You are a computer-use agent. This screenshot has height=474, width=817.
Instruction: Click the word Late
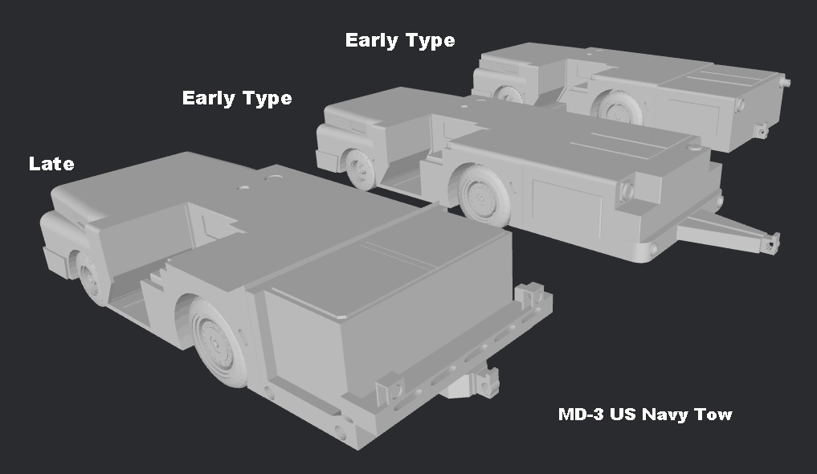tap(51, 164)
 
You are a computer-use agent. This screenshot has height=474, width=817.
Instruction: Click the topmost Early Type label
tap(400, 40)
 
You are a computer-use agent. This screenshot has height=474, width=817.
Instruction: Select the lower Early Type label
tap(237, 98)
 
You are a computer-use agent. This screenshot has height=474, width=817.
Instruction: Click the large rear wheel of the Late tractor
tap(216, 341)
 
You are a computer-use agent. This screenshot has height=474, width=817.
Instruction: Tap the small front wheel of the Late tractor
tap(90, 275)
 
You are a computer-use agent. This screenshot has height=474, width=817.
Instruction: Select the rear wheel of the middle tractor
tap(484, 194)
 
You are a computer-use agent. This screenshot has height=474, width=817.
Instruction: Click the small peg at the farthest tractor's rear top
tap(786, 82)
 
